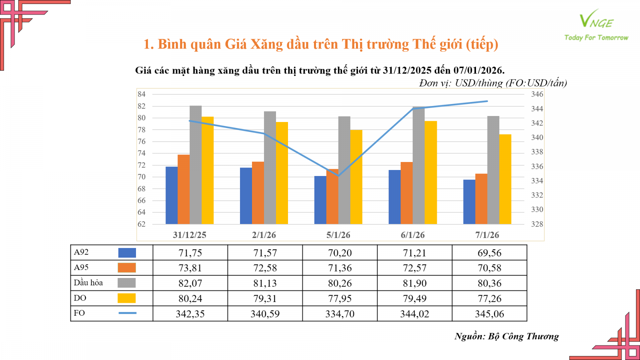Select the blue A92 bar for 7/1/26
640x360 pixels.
469,202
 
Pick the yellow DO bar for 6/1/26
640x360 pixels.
431,172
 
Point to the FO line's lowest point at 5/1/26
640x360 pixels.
338,176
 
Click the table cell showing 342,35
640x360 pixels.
190,314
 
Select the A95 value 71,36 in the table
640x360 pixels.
340,268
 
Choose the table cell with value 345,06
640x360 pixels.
489,314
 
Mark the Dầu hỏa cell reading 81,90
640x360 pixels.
414,283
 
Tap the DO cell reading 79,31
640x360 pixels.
265,298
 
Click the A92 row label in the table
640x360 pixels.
81,252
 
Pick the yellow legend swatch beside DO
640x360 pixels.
126,298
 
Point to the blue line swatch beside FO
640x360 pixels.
127,313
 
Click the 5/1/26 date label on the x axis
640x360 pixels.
338,235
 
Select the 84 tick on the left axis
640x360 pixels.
142,94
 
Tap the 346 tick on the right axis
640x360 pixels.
537,94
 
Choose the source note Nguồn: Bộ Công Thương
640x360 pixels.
506,336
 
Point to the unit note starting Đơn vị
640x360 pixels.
493,83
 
